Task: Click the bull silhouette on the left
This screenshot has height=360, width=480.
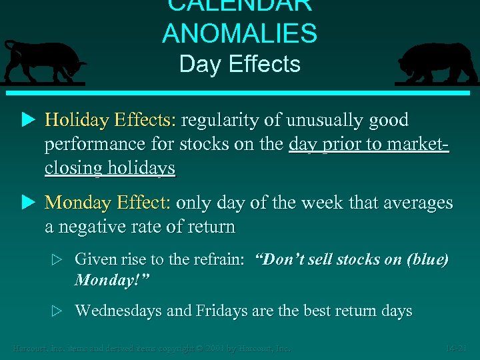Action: [x=43, y=62]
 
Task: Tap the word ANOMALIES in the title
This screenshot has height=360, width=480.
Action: [x=239, y=33]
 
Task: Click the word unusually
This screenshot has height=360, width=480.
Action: [x=319, y=121]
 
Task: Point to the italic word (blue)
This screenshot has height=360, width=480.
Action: [x=427, y=259]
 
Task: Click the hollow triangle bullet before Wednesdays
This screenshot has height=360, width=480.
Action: [x=59, y=311]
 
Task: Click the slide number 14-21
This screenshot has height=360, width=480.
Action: [x=459, y=349]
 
